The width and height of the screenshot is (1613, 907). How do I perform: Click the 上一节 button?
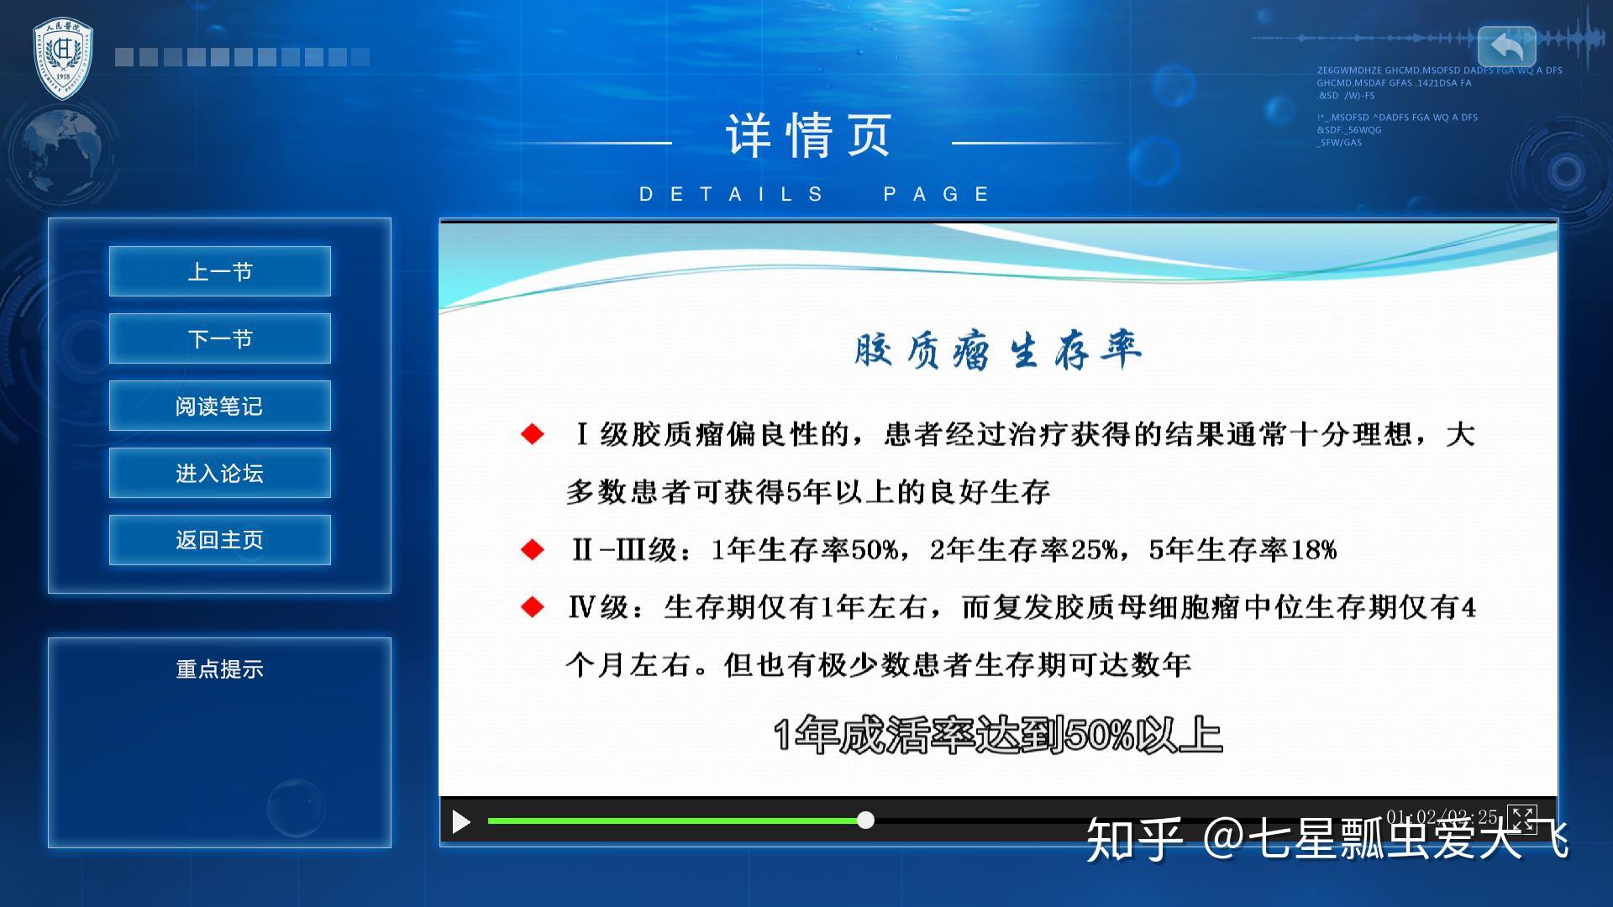pyautogui.click(x=219, y=271)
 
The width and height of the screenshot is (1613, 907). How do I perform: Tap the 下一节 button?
pyautogui.click(x=219, y=338)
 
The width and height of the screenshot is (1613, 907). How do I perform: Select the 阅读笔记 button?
pyautogui.click(x=219, y=406)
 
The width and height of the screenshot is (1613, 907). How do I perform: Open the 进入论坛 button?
pyautogui.click(x=219, y=473)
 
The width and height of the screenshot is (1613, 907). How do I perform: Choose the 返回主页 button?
pyautogui.click(x=219, y=539)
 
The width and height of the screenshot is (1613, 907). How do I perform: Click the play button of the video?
pyautogui.click(x=460, y=821)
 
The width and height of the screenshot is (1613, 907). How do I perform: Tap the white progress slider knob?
pyautogui.click(x=865, y=820)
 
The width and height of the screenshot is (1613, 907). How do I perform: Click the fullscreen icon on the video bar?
pyautogui.click(x=1521, y=818)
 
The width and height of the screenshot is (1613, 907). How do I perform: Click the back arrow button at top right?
pyautogui.click(x=1506, y=46)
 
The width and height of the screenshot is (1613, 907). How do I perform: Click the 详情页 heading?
pyautogui.click(x=808, y=136)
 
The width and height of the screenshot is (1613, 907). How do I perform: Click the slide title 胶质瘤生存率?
pyautogui.click(x=997, y=349)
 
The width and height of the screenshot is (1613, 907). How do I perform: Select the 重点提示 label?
pyautogui.click(x=219, y=669)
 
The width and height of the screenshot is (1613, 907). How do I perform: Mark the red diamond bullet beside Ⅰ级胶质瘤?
pyautogui.click(x=533, y=434)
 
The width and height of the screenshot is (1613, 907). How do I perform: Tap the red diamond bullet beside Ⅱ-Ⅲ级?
pyautogui.click(x=533, y=550)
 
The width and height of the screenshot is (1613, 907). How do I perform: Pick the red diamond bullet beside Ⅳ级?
pyautogui.click(x=533, y=607)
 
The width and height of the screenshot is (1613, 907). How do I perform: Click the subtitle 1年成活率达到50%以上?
pyautogui.click(x=997, y=735)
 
